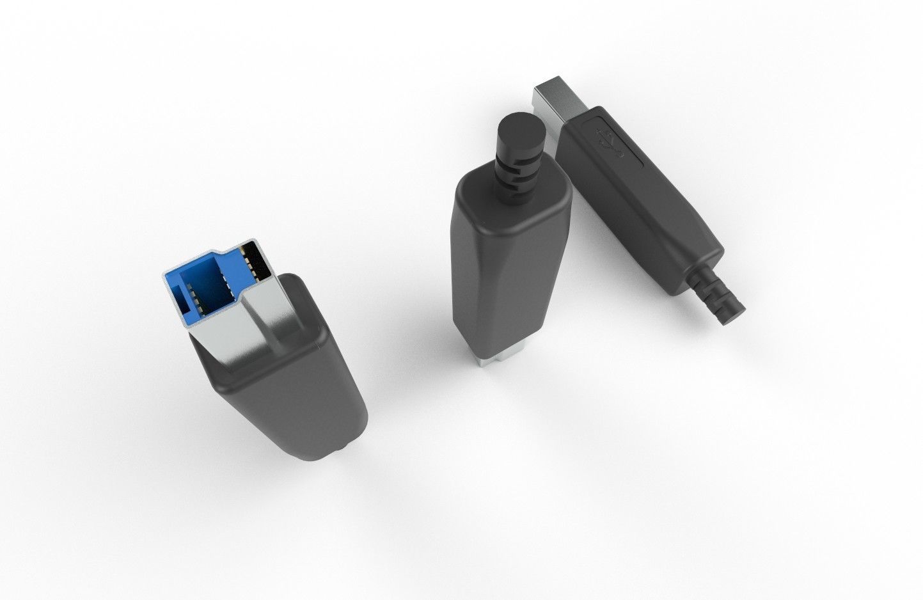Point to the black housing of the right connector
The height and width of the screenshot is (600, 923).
[x=640, y=205]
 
